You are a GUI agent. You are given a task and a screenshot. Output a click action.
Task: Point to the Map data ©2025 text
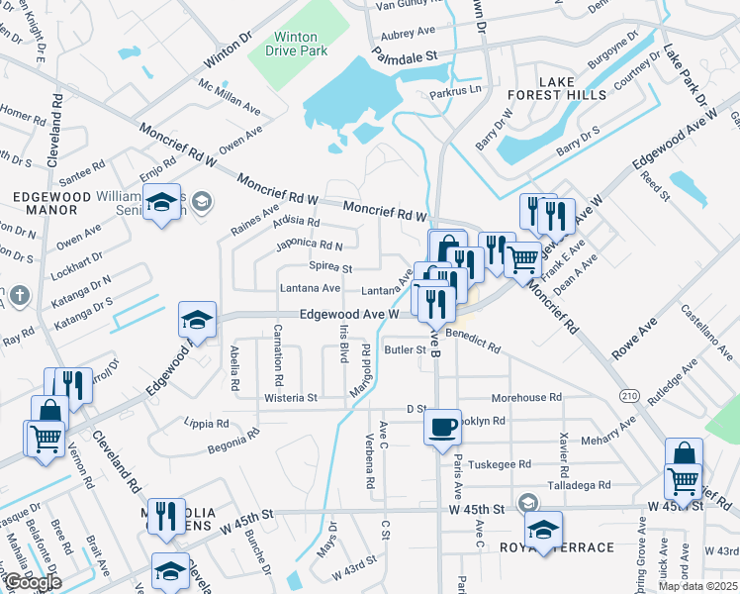(698, 586)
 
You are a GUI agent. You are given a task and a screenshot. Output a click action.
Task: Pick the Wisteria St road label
(290, 398)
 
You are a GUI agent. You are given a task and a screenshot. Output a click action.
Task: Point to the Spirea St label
(331, 268)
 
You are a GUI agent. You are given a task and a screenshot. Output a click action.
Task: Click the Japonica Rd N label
(310, 244)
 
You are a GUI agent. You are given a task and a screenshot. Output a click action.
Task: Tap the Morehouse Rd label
(526, 397)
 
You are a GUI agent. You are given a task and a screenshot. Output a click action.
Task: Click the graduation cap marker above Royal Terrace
(542, 529)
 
